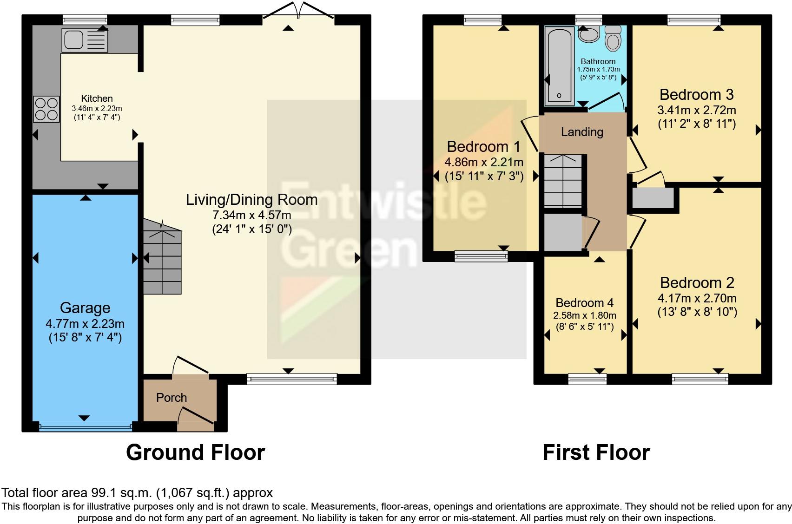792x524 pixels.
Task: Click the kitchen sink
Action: pos(85,40)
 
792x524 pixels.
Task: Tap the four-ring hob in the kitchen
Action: pos(46,109)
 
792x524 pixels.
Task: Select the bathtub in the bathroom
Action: pos(559,66)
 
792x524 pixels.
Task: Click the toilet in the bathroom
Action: pos(613,38)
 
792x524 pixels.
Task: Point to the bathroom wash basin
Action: pos(589,34)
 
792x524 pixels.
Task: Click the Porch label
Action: pos(172,398)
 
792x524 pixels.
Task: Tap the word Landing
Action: pos(582,132)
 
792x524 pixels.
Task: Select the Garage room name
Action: pos(85,308)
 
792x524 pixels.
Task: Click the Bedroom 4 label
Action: pos(584,303)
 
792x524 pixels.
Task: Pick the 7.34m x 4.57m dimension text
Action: pos(252,215)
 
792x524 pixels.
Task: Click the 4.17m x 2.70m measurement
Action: pos(697,298)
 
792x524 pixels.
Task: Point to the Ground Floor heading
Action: pos(196,452)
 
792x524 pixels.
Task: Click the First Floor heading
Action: pos(596,452)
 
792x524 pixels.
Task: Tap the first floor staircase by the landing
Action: pos(563,181)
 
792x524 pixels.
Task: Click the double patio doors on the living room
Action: pos(298,11)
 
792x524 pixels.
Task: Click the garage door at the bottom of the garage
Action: pos(85,427)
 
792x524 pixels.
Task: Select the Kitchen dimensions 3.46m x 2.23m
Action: pos(97,109)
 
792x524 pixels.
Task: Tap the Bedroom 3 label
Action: pos(697,95)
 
